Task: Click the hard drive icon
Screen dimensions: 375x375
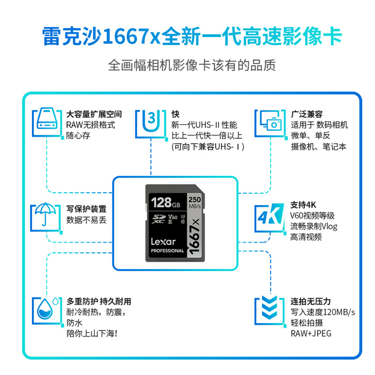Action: (47, 119)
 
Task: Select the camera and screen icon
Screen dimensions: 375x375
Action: (271, 120)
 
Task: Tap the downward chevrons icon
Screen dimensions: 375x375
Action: (270, 307)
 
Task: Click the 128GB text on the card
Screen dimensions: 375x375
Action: (165, 202)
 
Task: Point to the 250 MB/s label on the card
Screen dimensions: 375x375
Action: (195, 202)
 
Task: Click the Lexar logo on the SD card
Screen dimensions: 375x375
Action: (163, 242)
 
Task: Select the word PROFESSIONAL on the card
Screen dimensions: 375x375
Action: (167, 251)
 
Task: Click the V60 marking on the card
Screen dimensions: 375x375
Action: (172, 217)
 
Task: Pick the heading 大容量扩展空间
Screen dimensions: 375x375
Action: (94, 114)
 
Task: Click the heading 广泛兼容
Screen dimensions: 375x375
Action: (307, 114)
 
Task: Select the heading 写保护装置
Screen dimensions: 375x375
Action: (86, 209)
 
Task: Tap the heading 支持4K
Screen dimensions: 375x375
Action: (303, 205)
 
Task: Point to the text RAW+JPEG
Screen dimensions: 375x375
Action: (311, 333)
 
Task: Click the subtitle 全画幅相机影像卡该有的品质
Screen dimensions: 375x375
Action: (192, 65)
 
